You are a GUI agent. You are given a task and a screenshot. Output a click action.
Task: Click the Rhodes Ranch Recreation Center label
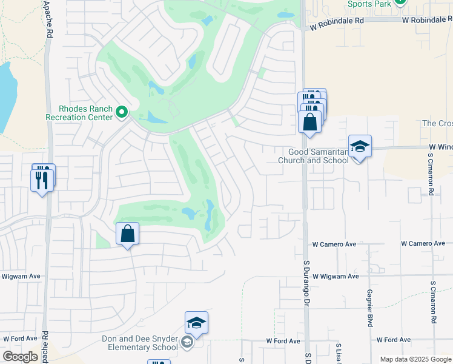(79, 113)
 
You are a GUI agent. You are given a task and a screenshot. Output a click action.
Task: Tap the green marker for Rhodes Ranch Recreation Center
(122, 112)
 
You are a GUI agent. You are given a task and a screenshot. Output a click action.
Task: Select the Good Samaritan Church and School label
(313, 157)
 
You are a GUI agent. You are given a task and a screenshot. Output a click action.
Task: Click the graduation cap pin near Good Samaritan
(360, 147)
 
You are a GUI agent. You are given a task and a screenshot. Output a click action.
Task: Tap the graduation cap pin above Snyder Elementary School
(196, 323)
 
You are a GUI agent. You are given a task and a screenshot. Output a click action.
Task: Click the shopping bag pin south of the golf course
(128, 234)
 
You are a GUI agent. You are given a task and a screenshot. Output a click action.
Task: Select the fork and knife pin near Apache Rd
(42, 180)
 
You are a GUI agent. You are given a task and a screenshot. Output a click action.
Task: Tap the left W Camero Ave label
(334, 244)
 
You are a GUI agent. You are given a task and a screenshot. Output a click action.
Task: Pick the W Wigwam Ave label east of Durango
(335, 276)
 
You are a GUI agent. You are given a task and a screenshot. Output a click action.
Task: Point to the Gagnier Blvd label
(369, 308)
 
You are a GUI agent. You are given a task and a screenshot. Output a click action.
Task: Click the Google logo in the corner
(20, 356)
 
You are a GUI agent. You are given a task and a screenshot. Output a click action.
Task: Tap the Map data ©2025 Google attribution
(415, 359)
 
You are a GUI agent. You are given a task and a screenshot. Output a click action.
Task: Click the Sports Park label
(369, 4)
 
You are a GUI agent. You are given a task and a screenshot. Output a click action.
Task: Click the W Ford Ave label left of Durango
(283, 341)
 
